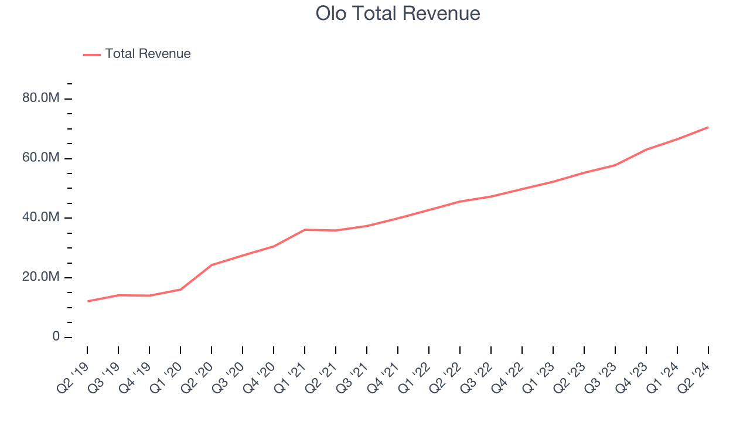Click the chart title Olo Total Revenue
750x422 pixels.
click(398, 13)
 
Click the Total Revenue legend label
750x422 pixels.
click(148, 54)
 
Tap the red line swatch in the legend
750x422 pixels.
click(92, 55)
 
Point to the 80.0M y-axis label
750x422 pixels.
click(41, 98)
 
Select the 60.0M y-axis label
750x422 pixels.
click(41, 158)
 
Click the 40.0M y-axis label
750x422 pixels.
click(41, 218)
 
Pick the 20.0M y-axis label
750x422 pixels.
click(41, 278)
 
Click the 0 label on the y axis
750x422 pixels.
click(56, 337)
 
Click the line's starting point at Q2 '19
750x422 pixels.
click(88, 301)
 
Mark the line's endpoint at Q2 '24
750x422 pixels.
click(708, 127)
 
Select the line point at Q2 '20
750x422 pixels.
click(212, 265)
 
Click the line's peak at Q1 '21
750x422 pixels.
click(305, 230)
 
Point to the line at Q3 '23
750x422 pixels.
click(615, 165)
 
